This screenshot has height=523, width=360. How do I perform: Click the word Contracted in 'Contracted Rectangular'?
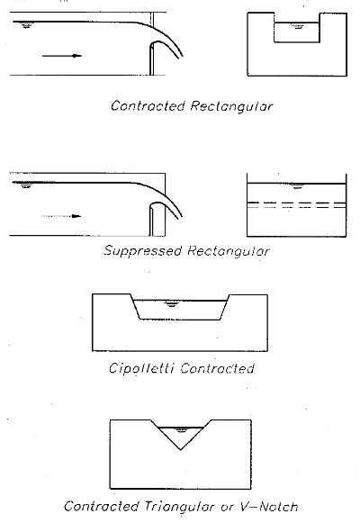(148, 106)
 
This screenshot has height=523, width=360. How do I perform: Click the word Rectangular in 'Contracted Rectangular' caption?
(231, 107)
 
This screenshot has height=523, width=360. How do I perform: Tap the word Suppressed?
(142, 250)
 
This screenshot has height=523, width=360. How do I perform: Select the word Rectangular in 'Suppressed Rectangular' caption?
(229, 251)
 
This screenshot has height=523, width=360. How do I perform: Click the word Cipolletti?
(141, 368)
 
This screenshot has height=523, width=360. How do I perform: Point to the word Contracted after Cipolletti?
(217, 368)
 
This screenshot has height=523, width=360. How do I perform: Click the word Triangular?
(179, 507)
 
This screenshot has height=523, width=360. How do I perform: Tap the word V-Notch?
(269, 507)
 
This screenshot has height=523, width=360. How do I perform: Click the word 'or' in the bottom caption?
(227, 508)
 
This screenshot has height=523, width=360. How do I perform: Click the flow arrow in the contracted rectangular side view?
(62, 56)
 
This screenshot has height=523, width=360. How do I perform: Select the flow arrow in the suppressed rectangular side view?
(61, 216)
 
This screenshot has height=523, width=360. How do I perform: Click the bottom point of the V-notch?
(181, 449)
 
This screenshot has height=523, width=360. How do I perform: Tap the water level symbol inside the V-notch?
(181, 430)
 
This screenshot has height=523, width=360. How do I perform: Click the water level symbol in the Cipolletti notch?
(171, 303)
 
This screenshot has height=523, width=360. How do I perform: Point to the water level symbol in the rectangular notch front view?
(297, 25)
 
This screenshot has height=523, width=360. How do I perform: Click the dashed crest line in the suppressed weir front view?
(297, 203)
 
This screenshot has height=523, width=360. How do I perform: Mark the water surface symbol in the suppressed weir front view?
(297, 186)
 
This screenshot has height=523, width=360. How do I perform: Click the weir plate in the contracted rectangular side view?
(151, 59)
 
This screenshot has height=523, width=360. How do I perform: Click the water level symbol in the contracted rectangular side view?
(26, 25)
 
